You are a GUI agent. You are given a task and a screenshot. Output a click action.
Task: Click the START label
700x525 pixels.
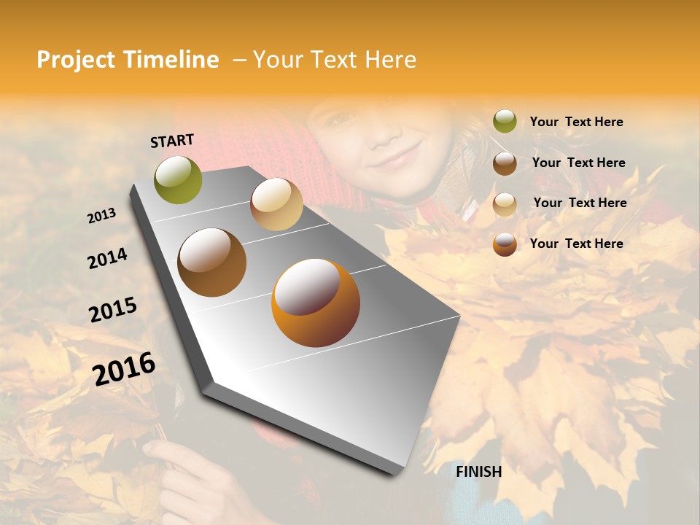point(172,141)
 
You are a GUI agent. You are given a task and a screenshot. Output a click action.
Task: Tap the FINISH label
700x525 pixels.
point(478,472)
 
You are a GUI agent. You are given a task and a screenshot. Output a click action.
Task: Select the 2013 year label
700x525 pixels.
point(102,215)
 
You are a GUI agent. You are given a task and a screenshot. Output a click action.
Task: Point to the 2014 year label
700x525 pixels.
point(107,258)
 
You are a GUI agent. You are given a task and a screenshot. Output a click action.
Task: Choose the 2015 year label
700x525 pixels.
point(113,310)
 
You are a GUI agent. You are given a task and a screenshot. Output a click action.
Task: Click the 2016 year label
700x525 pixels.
point(124,368)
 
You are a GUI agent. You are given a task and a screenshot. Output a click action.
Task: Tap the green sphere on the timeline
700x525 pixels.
point(178,179)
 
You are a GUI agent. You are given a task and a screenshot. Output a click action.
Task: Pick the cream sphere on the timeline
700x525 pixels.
point(276,204)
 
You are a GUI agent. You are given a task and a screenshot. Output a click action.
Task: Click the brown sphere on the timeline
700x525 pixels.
point(211,262)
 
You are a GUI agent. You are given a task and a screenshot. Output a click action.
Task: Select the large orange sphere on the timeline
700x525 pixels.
point(316,303)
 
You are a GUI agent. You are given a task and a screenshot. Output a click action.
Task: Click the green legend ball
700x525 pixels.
point(505,122)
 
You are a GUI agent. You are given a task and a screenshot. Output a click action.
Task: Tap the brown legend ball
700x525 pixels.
point(505,163)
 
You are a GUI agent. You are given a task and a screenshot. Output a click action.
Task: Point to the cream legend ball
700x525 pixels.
point(505,204)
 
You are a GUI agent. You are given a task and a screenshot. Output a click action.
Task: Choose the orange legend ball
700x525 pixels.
point(505,244)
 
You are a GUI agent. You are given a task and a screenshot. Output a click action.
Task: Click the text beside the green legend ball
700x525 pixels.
point(576,122)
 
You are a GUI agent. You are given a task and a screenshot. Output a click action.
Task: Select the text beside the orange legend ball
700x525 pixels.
point(576,244)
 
